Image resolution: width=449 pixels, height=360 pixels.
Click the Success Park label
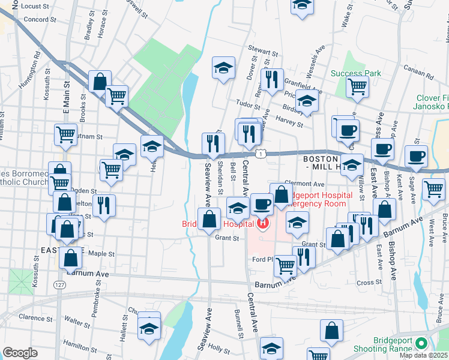click(x=356, y=74)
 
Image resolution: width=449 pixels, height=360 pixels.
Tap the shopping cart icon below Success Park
click(x=358, y=86)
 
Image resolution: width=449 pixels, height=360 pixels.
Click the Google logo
click(x=20, y=353)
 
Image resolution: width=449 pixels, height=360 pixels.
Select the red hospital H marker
click(x=262, y=224)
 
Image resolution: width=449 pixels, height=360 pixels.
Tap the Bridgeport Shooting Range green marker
click(x=421, y=344)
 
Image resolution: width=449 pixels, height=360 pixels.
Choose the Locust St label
click(x=34, y=6)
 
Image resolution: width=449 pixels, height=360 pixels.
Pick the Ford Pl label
click(x=262, y=259)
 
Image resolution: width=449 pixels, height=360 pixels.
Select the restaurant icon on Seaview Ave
click(x=213, y=144)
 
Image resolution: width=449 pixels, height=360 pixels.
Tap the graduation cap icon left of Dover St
click(x=223, y=68)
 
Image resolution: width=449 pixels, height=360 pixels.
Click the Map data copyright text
click(x=424, y=355)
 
